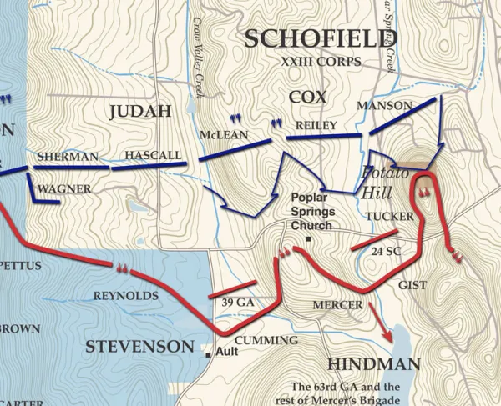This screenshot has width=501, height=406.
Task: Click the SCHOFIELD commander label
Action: pyautogui.click(x=321, y=38)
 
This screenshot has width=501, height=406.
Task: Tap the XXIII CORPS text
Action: pyautogui.click(x=321, y=62)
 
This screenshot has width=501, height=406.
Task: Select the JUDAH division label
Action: pyautogui.click(x=139, y=112)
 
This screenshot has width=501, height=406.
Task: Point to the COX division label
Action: pyautogui.click(x=307, y=98)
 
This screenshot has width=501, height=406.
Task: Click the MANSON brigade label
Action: pyautogui.click(x=384, y=106)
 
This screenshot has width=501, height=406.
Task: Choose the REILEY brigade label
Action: pyautogui.click(x=316, y=125)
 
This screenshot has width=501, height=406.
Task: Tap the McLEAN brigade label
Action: pyautogui.click(x=223, y=135)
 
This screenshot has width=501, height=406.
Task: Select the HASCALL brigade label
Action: pyautogui.click(x=153, y=155)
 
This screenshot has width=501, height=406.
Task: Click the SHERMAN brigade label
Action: pyautogui.click(x=68, y=156)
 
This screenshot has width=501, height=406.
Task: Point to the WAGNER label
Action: pyautogui.click(x=64, y=189)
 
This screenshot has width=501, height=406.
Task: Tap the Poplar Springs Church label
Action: pyautogui.click(x=311, y=211)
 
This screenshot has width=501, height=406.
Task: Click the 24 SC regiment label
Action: pyautogui.click(x=387, y=251)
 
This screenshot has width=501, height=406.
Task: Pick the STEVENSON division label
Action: pyautogui.click(x=139, y=347)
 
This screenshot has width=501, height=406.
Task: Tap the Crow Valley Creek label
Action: pyautogui.click(x=198, y=54)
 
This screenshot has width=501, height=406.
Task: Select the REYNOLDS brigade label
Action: pyautogui.click(x=125, y=296)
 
